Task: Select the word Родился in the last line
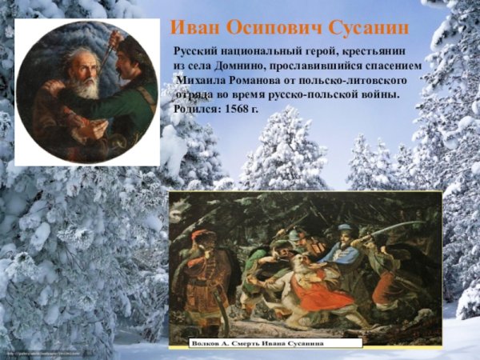194,108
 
